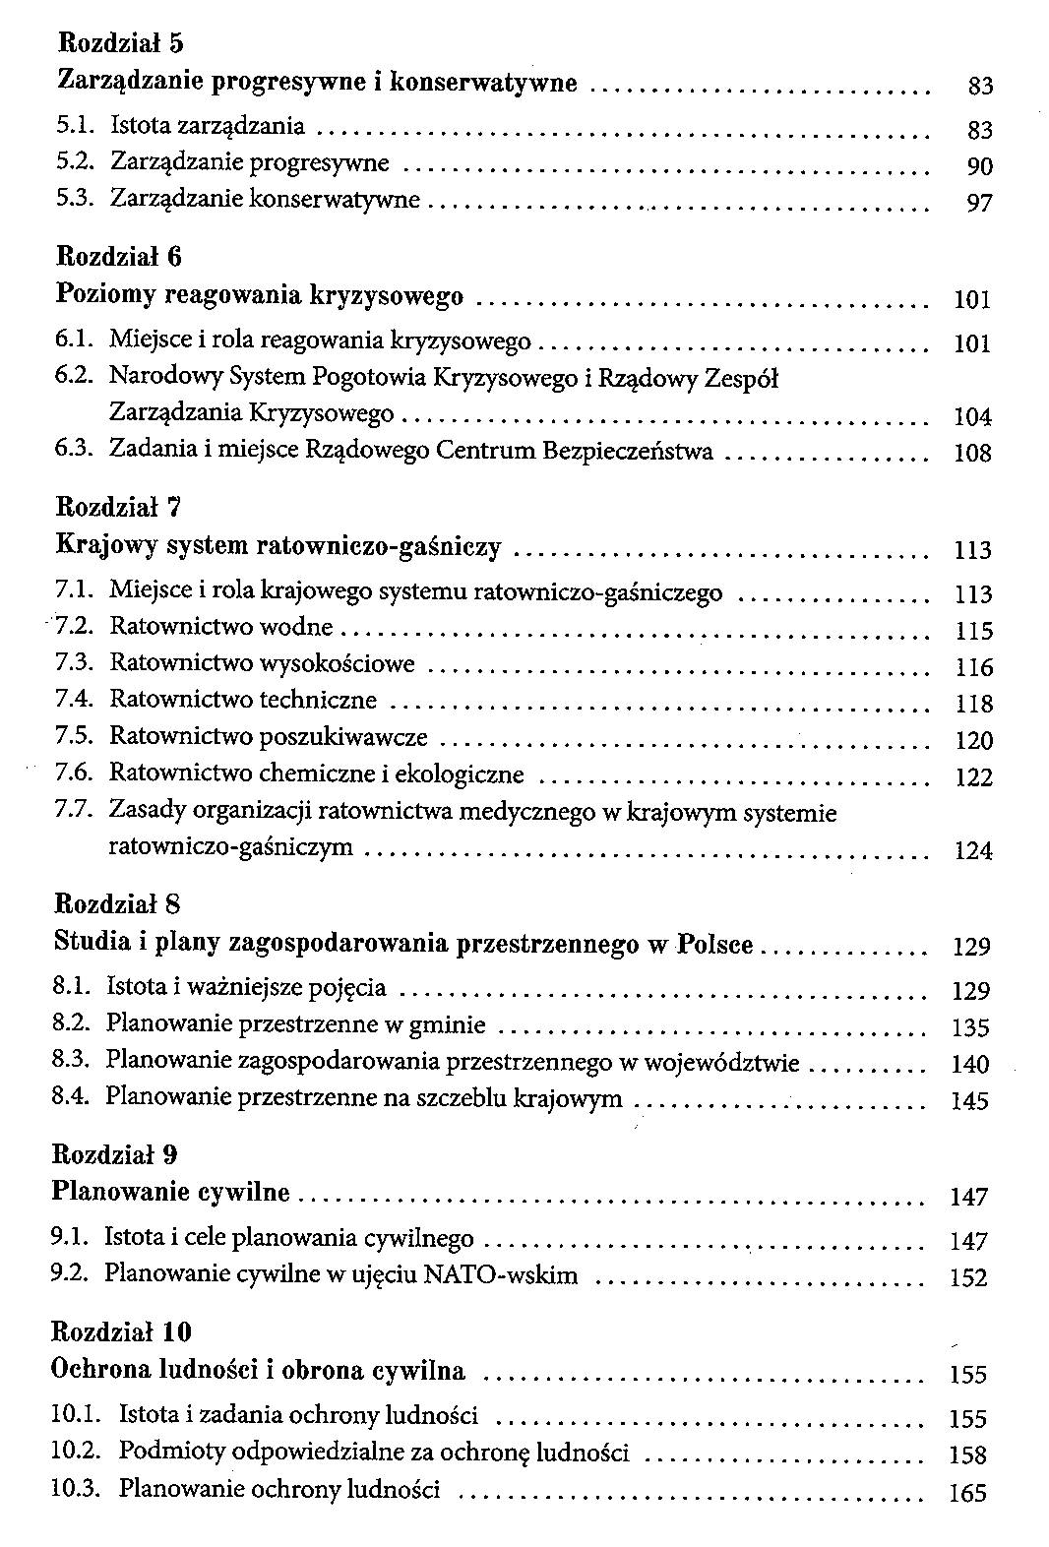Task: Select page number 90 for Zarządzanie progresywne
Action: click(x=979, y=166)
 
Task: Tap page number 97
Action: click(x=979, y=204)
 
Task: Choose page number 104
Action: click(x=972, y=417)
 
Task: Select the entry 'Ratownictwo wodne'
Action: click(x=221, y=627)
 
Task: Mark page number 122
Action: click(x=974, y=778)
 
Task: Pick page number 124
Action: click(x=973, y=851)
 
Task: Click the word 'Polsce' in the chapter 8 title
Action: click(x=715, y=944)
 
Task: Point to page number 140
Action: click(x=970, y=1065)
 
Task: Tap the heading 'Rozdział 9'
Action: click(x=114, y=1152)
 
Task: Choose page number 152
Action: click(x=968, y=1277)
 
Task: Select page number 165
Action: click(x=967, y=1493)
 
